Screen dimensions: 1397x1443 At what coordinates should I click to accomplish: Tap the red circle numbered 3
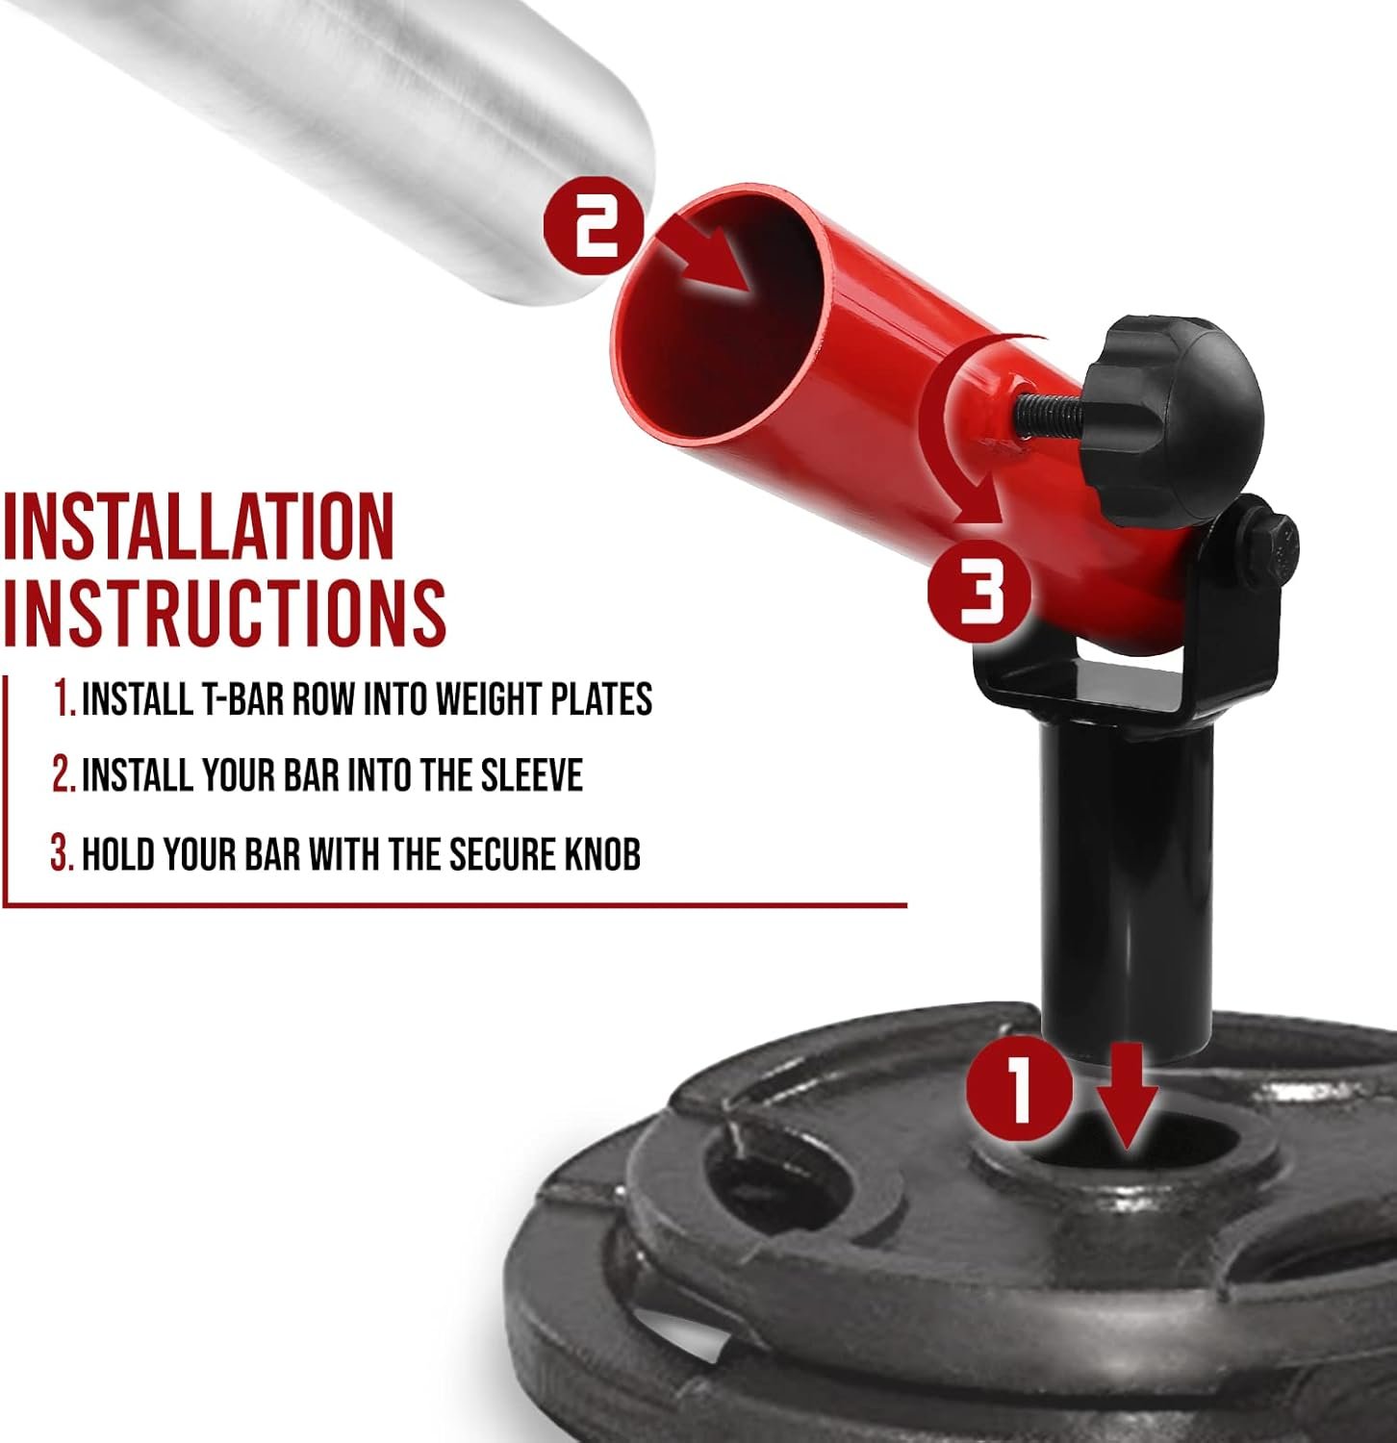978,590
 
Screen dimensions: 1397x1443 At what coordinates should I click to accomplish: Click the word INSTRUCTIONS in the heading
224,611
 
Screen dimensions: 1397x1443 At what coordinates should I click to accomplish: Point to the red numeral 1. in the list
64,699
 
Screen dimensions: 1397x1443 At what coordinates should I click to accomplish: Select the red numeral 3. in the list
63,853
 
